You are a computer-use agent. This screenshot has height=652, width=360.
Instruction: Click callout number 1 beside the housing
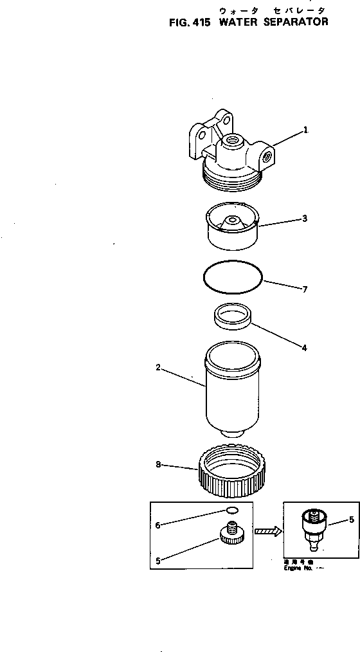[x=305, y=129]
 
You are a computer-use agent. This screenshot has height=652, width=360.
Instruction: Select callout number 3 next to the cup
[x=304, y=219]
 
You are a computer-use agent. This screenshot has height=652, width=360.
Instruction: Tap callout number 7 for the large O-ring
[x=305, y=289]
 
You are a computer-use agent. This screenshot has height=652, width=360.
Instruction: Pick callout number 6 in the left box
[x=157, y=525]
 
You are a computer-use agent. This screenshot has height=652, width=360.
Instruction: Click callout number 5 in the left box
[x=157, y=560]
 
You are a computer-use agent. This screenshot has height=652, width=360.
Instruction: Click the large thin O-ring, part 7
[x=232, y=278]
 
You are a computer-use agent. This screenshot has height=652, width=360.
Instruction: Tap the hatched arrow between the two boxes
[x=267, y=531]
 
